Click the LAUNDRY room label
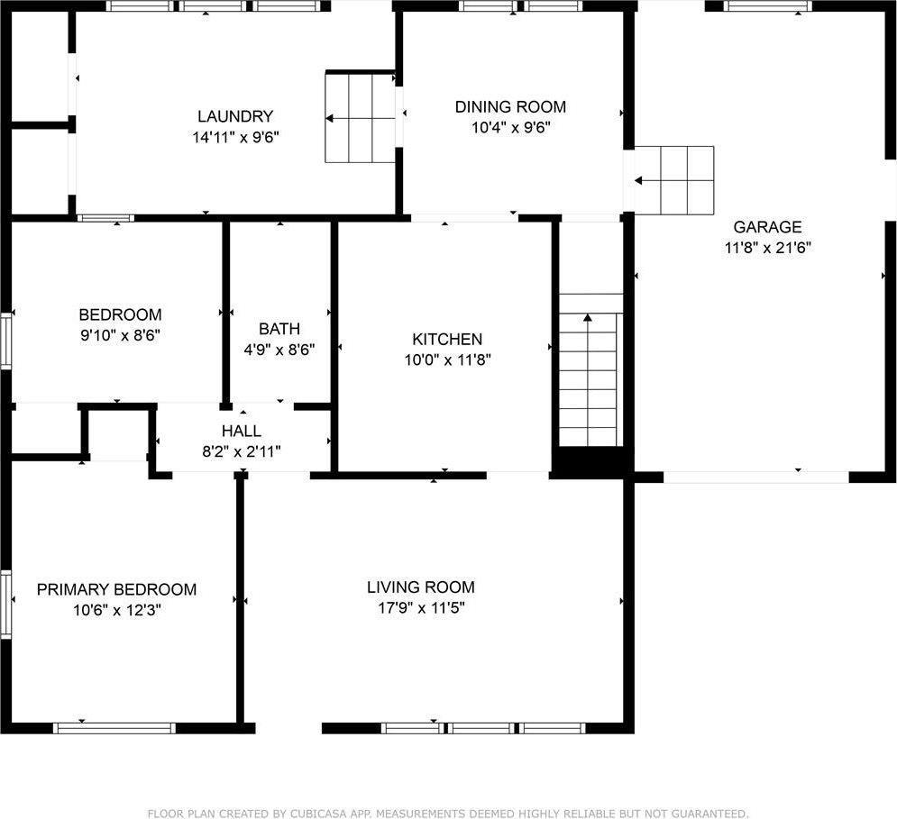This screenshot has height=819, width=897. (234, 116)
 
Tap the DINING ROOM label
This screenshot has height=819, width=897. (510, 107)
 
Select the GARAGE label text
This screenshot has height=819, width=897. (767, 227)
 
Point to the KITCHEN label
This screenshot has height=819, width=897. (447, 340)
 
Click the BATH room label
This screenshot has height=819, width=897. (279, 329)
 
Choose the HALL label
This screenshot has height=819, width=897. (242, 432)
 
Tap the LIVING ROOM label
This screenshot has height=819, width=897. (420, 587)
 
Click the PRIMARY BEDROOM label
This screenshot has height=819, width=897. (116, 589)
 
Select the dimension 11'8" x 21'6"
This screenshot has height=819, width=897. (768, 247)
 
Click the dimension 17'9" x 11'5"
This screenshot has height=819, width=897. (420, 607)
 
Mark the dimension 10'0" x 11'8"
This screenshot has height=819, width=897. (447, 359)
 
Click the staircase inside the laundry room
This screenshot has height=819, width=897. (361, 118)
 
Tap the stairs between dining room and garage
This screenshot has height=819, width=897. (674, 180)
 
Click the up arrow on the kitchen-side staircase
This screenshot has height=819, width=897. (588, 318)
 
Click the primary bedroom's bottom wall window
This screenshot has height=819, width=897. (114, 727)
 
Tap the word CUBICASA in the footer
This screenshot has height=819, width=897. (320, 814)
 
